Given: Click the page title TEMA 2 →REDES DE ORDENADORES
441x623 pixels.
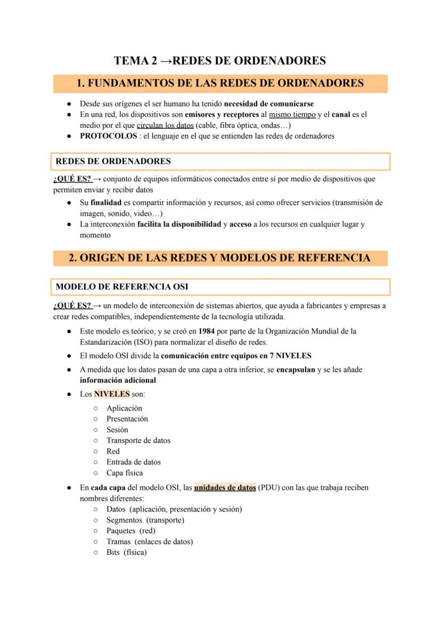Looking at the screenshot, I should tap(220, 61).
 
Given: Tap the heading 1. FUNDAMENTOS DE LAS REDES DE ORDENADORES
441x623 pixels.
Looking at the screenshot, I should tap(220, 83).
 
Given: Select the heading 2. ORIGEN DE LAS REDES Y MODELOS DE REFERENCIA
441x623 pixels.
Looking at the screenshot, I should tap(220, 258).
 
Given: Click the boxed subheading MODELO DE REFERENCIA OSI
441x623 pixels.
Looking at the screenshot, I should tap(122, 287).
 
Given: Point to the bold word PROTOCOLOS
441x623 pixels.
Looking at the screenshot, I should tap(108, 136).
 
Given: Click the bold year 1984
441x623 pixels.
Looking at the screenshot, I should tap(206, 331).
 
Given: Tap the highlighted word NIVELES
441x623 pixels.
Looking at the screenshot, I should tap(112, 394).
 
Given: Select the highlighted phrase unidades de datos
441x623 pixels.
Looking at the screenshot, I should tap(225, 488).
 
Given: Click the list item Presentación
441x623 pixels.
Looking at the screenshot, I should tap(127, 419).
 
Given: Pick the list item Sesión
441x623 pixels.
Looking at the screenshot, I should tap(117, 430).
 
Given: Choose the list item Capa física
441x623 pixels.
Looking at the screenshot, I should tap(125, 473).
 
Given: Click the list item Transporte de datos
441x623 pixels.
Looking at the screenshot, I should tap(138, 440).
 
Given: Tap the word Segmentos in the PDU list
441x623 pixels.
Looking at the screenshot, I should tap(124, 520).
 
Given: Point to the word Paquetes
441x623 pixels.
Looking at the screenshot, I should tap(121, 531).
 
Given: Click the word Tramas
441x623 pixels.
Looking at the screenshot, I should tap(118, 541).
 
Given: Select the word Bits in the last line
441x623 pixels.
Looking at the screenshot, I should tap(113, 552).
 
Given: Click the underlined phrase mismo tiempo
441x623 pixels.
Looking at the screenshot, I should tap(292, 115).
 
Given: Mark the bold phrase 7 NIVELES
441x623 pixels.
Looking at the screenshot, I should tap(293, 355).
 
